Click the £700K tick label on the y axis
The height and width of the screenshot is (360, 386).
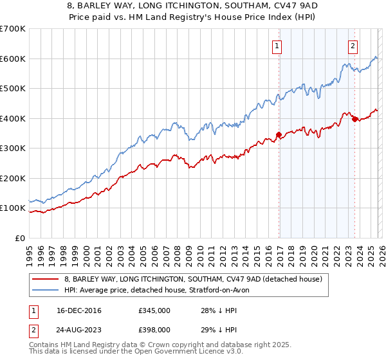tap(13, 29)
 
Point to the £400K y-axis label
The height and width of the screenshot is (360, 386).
tap(13, 118)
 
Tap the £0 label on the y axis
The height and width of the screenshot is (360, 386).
tap(21, 238)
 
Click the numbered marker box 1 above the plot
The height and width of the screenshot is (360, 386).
tap(277, 46)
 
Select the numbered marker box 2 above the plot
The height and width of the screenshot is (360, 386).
tap(353, 46)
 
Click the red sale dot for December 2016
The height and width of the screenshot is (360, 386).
tap(279, 134)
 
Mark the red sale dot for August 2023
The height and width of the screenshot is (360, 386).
tap(354, 119)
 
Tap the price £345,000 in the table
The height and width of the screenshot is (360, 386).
tap(154, 310)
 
